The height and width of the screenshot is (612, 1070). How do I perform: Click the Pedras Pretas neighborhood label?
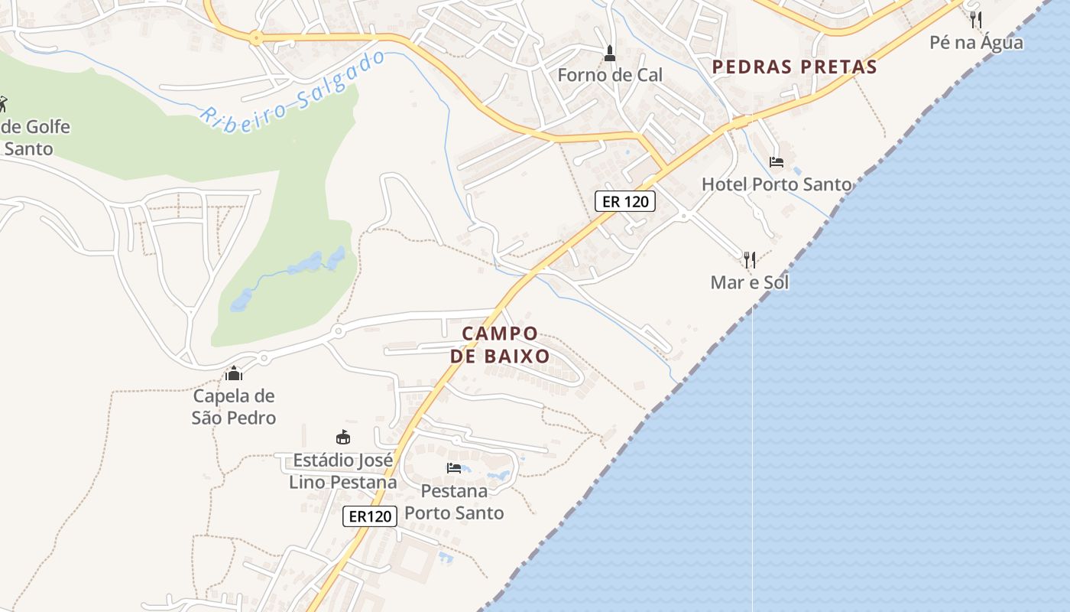794,67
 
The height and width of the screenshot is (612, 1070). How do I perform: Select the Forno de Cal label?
610,75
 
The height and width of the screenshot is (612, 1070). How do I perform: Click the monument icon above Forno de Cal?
610,54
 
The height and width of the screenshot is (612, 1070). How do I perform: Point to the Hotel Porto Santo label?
776,184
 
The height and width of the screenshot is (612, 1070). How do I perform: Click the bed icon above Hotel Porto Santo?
777,162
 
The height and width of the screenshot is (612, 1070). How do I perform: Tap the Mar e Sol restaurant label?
749,282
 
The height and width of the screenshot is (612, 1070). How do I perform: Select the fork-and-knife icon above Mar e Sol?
749,260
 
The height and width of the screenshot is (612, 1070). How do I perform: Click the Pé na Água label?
976,42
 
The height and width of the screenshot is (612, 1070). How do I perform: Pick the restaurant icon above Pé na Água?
976,19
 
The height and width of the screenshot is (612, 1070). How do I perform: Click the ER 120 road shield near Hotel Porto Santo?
624,201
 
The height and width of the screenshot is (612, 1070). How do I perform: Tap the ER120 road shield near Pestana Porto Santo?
370,516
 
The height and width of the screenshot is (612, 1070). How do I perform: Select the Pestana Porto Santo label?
454,502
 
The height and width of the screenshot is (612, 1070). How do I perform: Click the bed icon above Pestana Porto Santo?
454,468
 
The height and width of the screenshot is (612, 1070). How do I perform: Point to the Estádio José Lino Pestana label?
343,471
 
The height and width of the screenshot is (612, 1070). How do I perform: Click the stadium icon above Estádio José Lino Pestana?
343,438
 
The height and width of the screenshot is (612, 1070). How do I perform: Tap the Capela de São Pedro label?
234,407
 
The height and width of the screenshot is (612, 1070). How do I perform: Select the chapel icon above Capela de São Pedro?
234,373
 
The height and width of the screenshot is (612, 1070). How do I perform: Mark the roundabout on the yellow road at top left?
255,36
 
